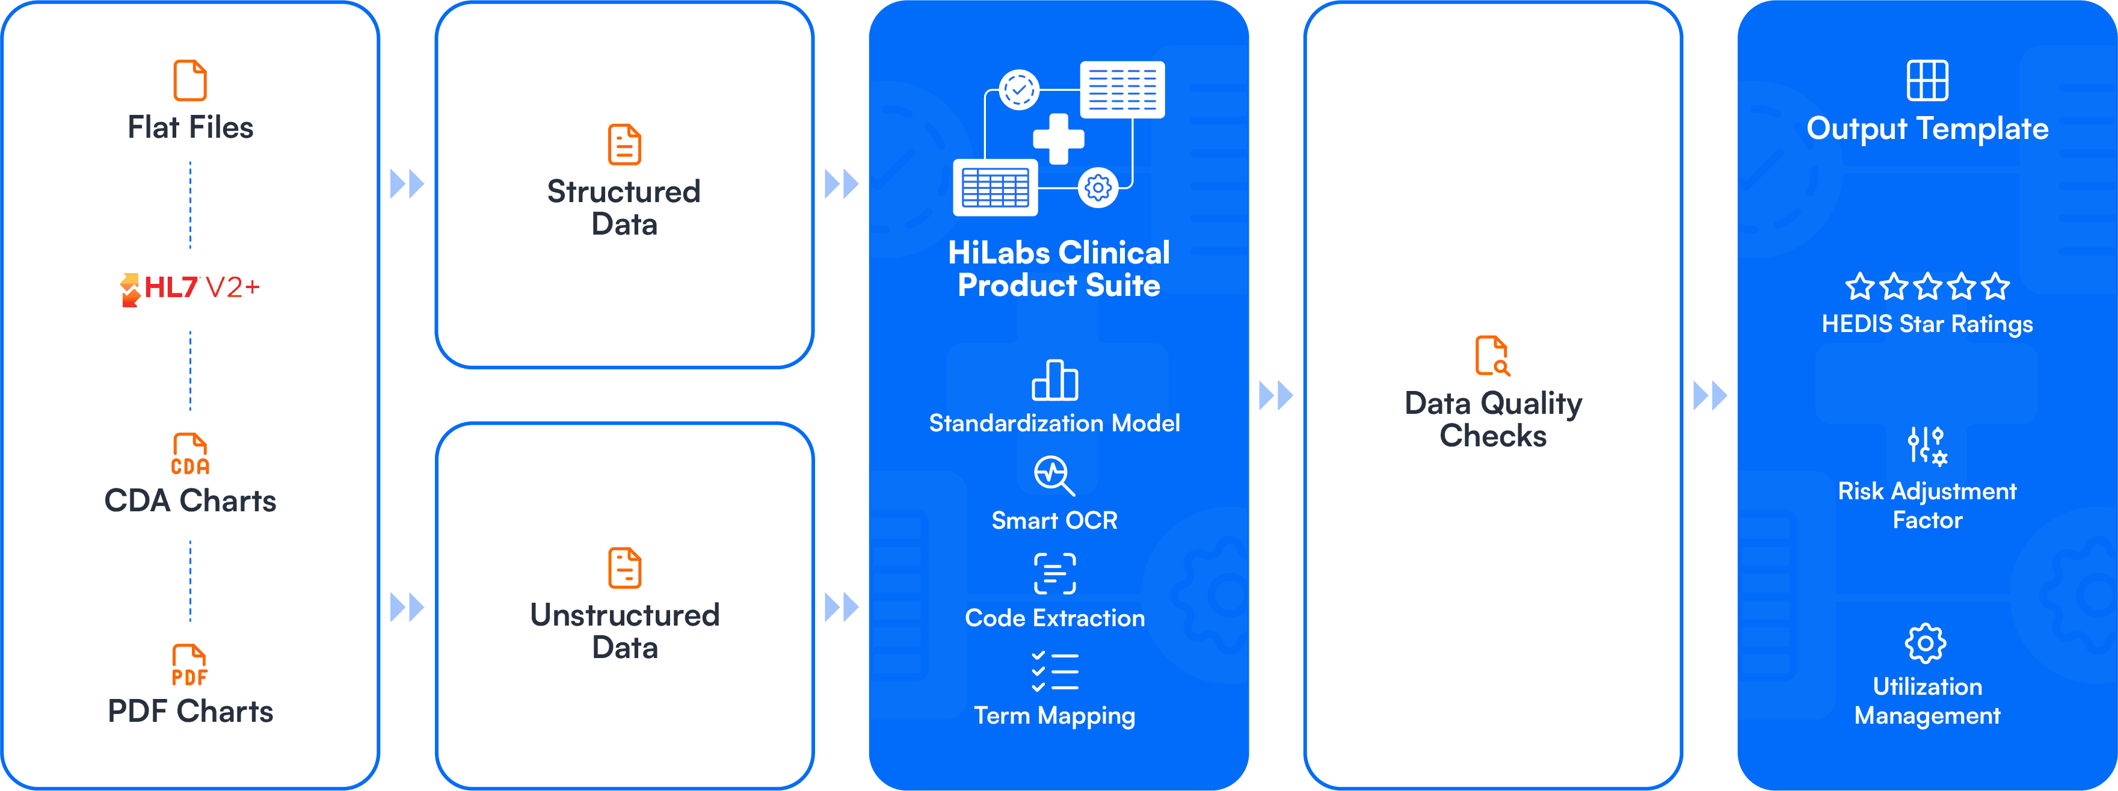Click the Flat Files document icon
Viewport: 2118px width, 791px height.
[x=190, y=80]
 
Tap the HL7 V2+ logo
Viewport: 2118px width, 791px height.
[x=190, y=288]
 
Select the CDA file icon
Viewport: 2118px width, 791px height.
[x=190, y=454]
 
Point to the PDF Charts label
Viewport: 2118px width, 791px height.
[x=190, y=711]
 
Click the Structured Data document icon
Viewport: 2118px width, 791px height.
[x=624, y=145]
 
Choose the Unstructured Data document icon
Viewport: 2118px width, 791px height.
[x=624, y=567]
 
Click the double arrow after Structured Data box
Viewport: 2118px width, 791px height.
[x=841, y=184]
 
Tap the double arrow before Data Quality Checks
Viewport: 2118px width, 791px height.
[x=1275, y=396]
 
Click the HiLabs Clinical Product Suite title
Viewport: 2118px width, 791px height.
[x=1058, y=269]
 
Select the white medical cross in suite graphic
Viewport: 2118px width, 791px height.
[x=1058, y=138]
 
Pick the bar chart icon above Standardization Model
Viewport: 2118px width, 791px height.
[x=1055, y=380]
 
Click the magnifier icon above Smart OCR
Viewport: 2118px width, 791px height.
[x=1054, y=475]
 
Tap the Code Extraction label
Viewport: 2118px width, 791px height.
[x=1055, y=618]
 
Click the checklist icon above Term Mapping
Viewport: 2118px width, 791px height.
[x=1055, y=671]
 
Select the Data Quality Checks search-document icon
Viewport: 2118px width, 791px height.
[x=1492, y=355]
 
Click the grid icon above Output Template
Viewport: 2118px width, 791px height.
[x=1927, y=80]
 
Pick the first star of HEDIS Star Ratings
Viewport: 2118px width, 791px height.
[x=1860, y=287]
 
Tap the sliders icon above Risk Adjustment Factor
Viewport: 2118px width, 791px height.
[x=1927, y=446]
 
